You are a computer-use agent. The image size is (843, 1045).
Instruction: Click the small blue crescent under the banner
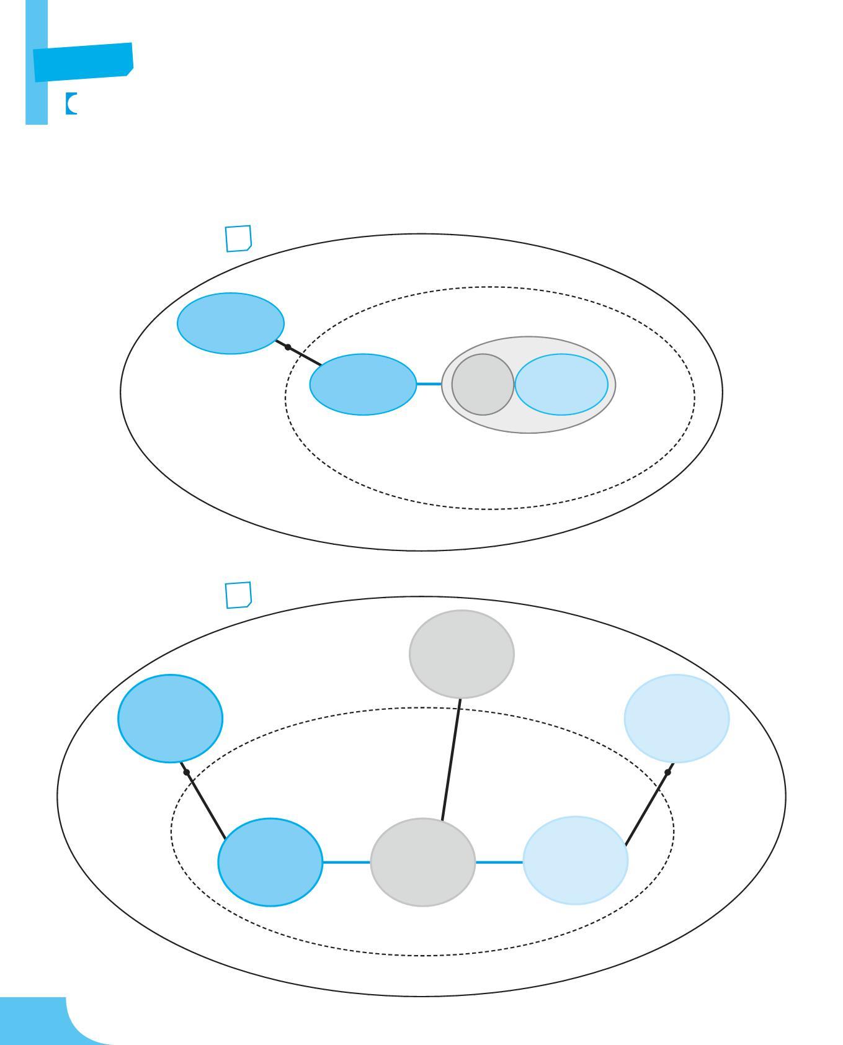(70, 104)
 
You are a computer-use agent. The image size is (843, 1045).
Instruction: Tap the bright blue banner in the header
(83, 62)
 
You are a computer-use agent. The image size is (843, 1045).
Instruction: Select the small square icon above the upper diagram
(238, 239)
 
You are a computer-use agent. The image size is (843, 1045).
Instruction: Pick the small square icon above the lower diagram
(238, 595)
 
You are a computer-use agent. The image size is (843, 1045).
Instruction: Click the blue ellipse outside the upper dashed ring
(231, 323)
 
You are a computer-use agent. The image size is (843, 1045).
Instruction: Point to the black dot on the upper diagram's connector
(288, 348)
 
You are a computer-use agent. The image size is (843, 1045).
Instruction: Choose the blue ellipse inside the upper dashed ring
(363, 384)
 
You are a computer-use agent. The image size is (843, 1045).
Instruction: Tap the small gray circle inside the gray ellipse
(483, 384)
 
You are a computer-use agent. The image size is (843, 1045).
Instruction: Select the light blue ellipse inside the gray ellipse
(561, 384)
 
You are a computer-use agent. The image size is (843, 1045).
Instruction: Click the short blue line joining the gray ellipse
(429, 384)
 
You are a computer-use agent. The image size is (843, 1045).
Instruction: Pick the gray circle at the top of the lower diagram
(462, 653)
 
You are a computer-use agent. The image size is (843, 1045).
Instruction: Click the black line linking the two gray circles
(451, 758)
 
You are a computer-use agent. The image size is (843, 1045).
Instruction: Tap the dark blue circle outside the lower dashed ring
(170, 718)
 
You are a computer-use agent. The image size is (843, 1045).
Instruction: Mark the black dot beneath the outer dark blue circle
(186, 772)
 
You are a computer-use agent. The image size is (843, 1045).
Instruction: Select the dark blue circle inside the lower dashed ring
(270, 862)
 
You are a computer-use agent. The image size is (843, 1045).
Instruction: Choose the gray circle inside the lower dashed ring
(423, 862)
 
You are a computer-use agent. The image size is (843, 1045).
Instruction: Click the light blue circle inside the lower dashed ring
(576, 860)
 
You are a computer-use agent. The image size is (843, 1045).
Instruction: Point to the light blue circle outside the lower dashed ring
(677, 718)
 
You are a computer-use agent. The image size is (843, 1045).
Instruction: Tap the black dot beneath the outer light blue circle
(667, 773)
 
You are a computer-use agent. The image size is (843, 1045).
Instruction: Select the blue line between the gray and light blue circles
(499, 862)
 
